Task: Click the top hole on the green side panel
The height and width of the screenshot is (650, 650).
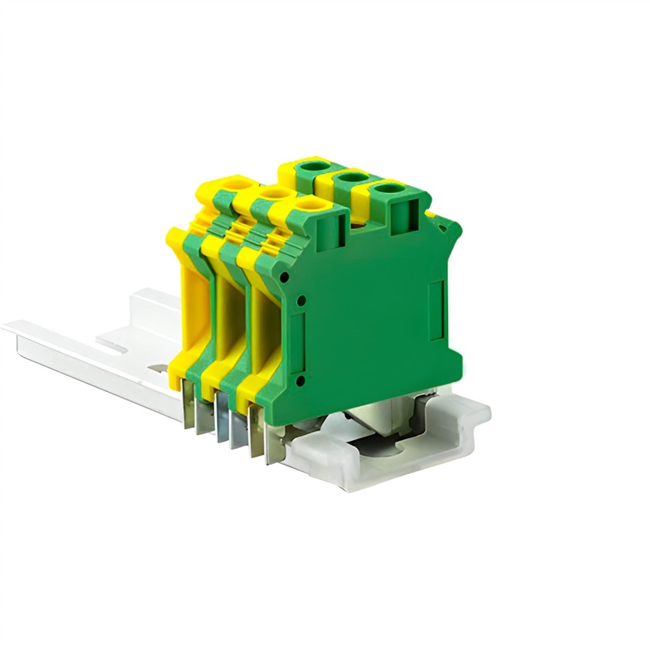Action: click(285, 277)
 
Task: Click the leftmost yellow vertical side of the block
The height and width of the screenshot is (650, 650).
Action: click(191, 309)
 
